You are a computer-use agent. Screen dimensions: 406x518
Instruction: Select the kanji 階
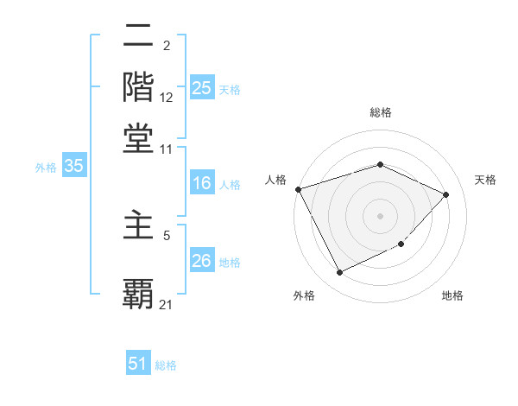click(138, 86)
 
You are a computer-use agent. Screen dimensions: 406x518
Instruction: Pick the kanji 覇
click(138, 292)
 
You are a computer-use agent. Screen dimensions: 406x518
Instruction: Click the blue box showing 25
click(201, 87)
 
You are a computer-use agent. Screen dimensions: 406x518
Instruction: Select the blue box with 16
click(201, 183)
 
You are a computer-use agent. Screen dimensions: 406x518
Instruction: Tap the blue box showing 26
click(201, 261)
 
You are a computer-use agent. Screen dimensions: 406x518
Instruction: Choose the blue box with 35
click(73, 167)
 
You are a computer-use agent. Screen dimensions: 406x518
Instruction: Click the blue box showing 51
click(138, 364)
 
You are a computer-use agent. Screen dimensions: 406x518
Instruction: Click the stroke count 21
click(167, 304)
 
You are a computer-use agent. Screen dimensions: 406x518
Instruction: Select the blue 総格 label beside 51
click(166, 365)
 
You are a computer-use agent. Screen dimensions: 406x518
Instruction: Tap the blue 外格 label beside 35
click(45, 168)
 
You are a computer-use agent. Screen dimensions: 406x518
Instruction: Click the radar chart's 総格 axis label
click(381, 112)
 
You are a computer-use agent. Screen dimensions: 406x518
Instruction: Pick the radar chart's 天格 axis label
click(485, 180)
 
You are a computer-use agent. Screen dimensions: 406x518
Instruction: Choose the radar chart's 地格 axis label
click(452, 295)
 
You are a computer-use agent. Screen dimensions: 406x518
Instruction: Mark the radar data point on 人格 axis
click(298, 189)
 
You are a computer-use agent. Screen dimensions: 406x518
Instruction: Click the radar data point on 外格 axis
click(339, 273)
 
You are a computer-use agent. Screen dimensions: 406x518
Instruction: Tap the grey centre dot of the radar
click(381, 215)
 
